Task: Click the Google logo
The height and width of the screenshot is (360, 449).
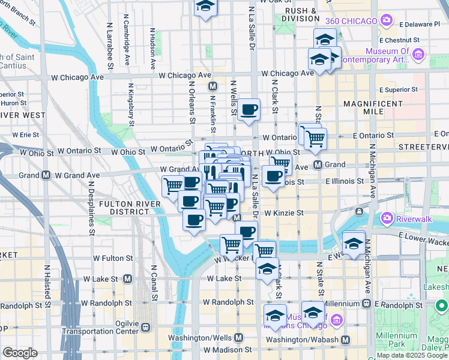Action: pos(20,352)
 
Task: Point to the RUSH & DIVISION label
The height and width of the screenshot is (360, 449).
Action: pos(300,14)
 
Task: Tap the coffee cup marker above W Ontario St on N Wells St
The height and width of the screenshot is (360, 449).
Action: pos(249,110)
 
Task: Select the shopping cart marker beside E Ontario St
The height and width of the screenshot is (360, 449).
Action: pos(315,139)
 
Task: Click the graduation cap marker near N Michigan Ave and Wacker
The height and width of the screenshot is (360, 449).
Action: pos(354,242)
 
